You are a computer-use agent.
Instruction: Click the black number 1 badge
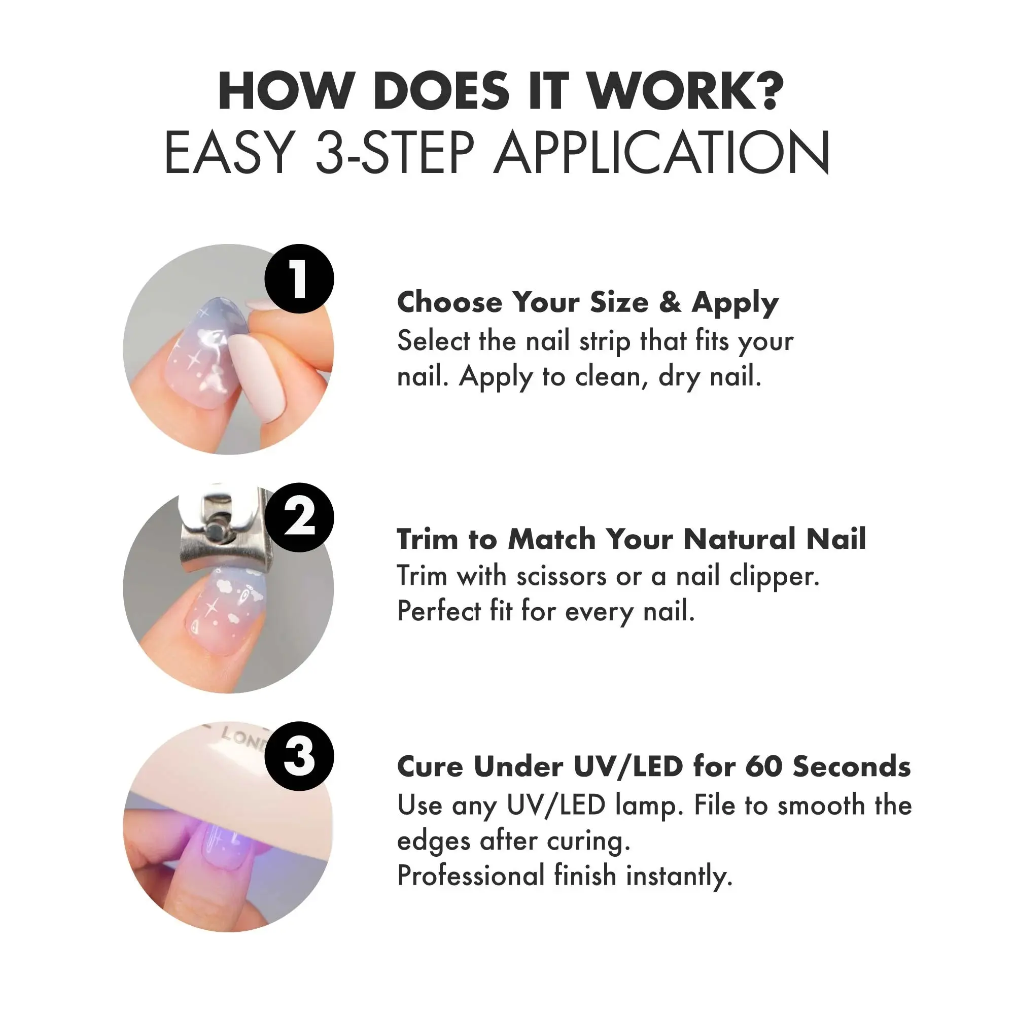point(299,279)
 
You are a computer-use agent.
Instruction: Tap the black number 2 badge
point(299,517)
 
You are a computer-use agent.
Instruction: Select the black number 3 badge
point(299,756)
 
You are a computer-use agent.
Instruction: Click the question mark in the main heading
point(767,90)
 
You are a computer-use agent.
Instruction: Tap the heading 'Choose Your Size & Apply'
point(588,303)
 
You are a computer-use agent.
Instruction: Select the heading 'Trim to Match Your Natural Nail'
point(632,539)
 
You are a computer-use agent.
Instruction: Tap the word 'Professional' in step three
point(471,876)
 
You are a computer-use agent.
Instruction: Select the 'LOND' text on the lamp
point(242,737)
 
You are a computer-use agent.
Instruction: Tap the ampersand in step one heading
point(671,303)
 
